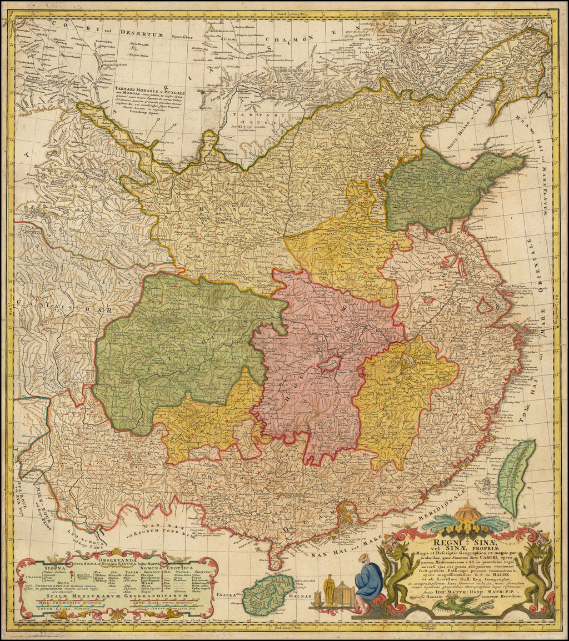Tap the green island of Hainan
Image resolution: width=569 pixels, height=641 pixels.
268,594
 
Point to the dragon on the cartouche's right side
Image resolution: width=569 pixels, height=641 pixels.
533,572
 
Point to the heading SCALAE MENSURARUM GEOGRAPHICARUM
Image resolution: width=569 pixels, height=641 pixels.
117,599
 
